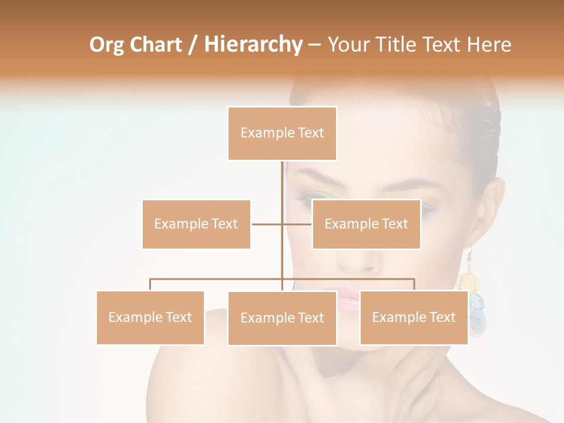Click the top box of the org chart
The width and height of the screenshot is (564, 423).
282,133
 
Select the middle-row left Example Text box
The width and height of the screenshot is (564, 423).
196,224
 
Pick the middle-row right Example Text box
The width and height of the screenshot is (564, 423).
366,224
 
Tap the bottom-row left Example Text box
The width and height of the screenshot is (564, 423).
150,317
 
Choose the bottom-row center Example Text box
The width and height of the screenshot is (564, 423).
282,318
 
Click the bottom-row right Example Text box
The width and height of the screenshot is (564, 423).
414,317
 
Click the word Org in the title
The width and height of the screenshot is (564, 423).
107,45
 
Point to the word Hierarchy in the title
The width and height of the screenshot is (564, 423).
253,45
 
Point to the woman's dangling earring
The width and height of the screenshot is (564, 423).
474,294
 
